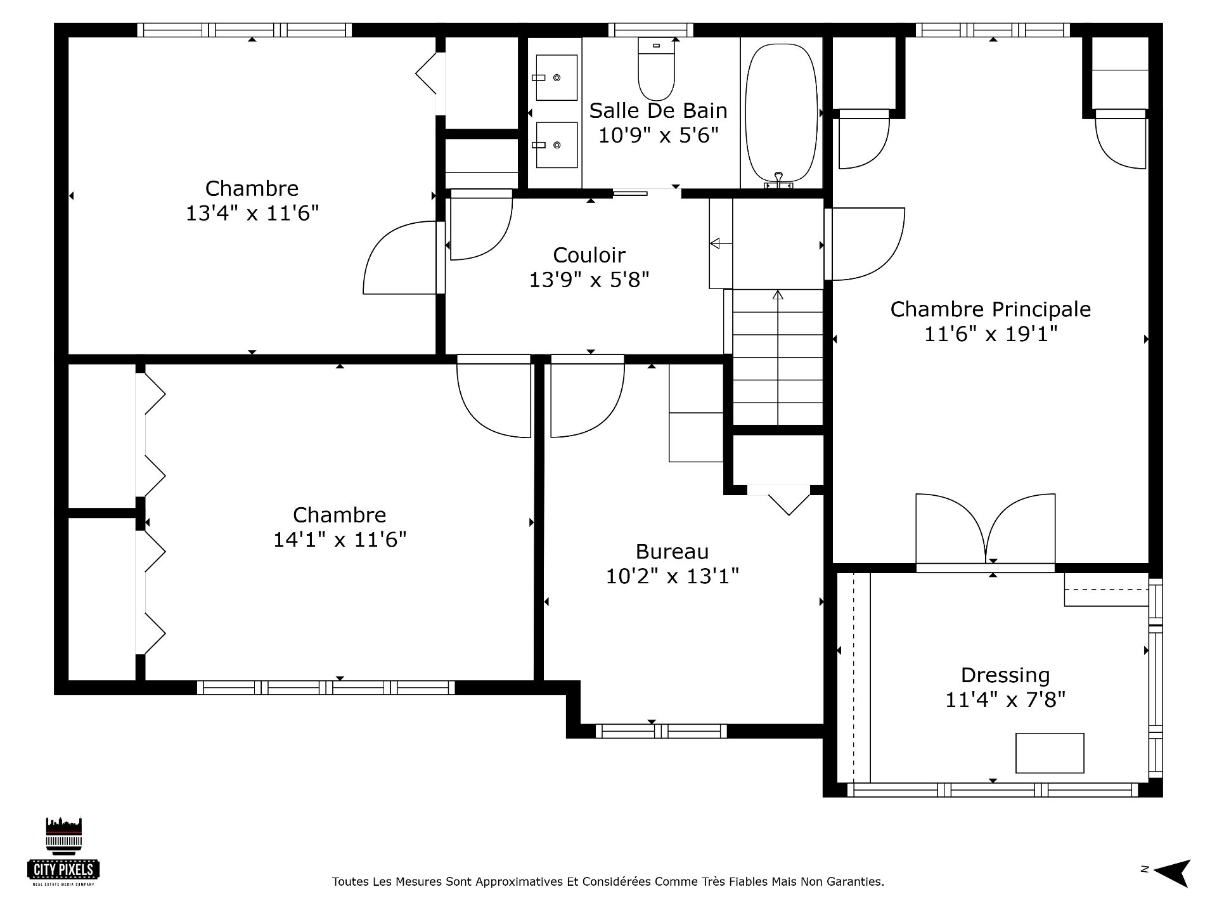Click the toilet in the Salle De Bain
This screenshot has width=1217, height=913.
(656, 68)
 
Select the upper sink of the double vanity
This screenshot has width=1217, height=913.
(557, 77)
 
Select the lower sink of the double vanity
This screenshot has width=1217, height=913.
(557, 145)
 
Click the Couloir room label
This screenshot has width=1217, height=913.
(589, 255)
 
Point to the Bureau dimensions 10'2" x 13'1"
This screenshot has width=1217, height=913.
(673, 576)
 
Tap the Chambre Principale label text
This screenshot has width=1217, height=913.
(991, 309)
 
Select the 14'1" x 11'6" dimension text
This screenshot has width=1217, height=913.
(340, 540)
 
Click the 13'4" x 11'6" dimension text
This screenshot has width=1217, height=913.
(252, 213)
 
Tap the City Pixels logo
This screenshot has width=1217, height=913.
(63, 851)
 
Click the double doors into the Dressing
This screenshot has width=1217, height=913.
(986, 529)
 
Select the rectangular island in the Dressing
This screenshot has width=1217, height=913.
(1050, 753)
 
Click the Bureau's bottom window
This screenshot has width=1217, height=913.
(661, 731)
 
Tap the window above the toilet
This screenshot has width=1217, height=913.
(651, 30)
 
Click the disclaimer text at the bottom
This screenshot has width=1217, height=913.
(608, 881)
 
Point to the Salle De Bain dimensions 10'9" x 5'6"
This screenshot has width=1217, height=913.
(659, 135)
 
